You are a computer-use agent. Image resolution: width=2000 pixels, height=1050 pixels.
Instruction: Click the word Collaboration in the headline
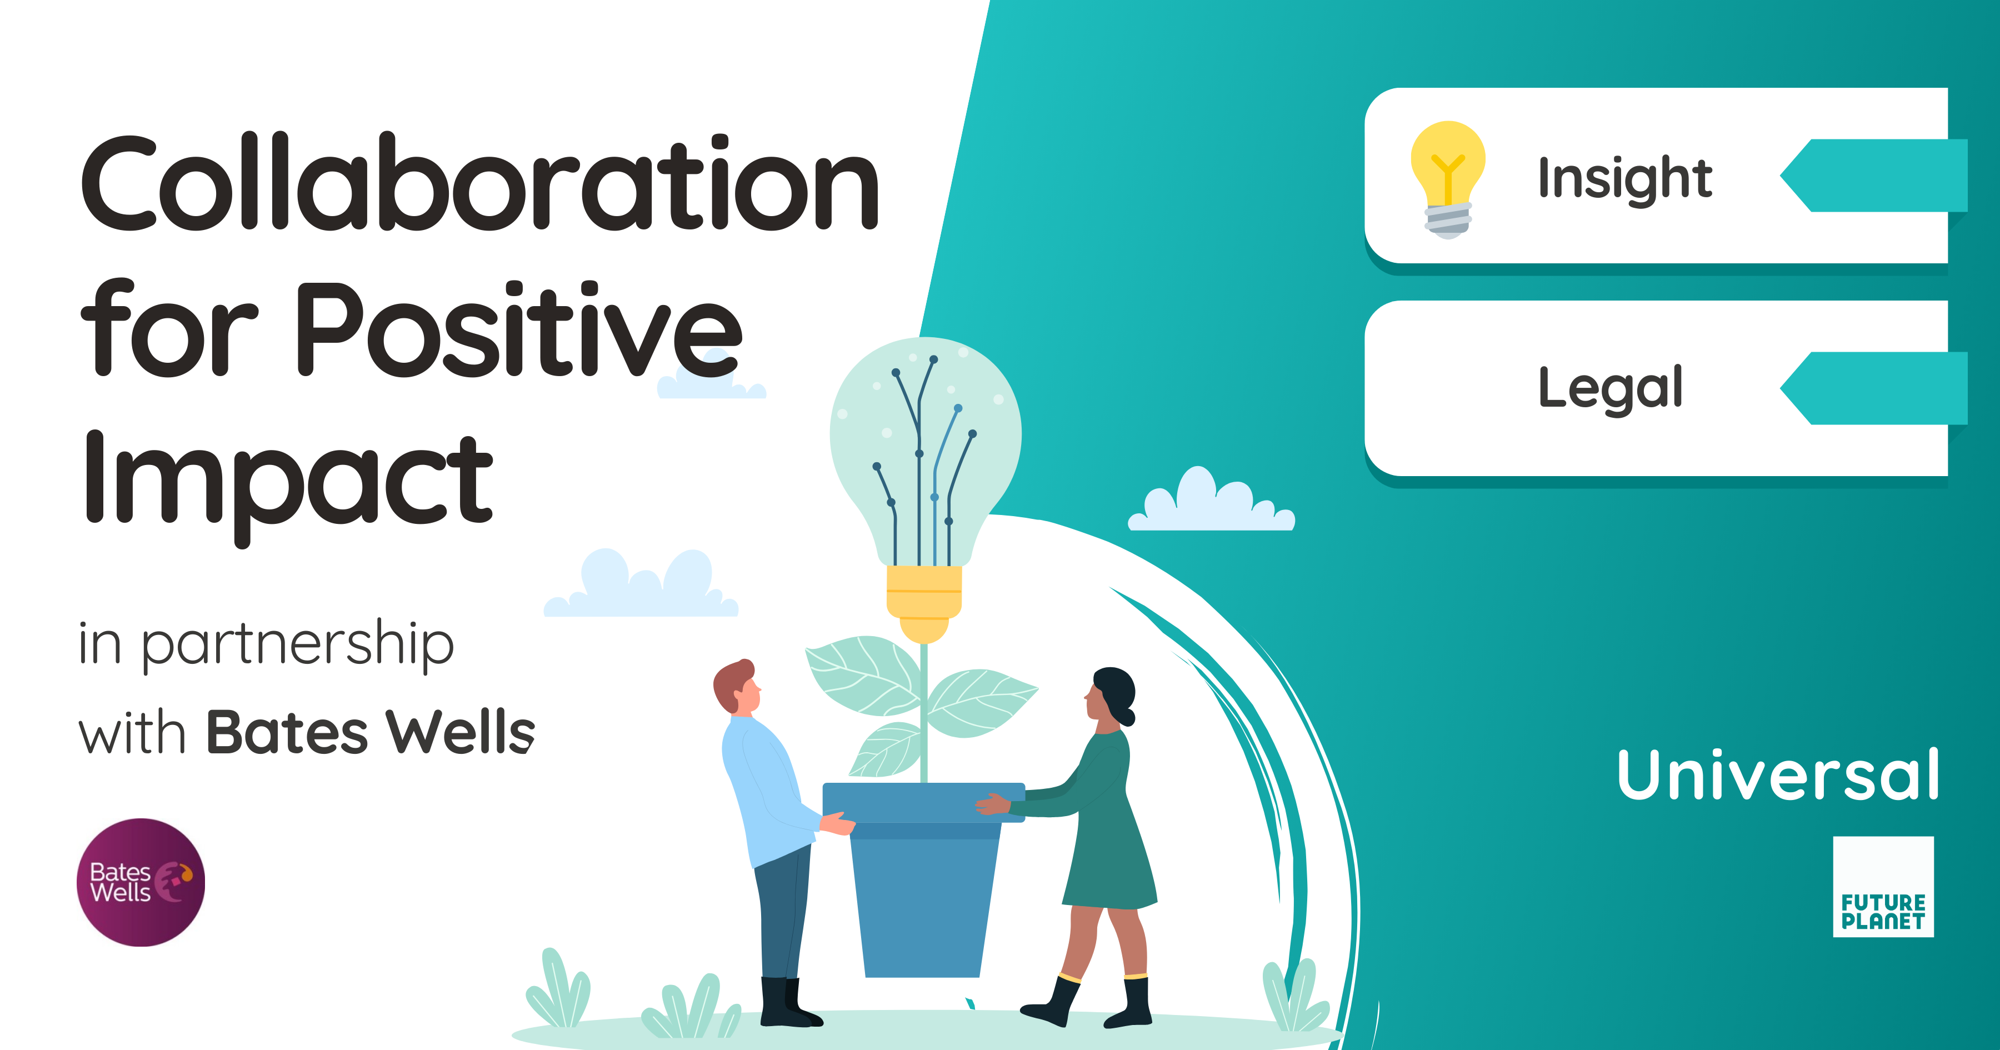point(480,184)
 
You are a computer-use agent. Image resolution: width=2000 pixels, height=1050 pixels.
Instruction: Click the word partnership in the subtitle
point(297,644)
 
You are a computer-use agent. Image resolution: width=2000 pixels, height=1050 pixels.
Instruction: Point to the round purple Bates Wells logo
point(141,882)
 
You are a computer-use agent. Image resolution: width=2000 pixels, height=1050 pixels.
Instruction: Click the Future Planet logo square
point(1883,887)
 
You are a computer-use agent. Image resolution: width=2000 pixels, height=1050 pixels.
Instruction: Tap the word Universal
point(1777,774)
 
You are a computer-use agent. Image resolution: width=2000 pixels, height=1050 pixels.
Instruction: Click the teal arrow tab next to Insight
point(1875,176)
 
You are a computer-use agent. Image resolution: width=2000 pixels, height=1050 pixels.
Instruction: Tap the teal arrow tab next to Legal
point(1875,388)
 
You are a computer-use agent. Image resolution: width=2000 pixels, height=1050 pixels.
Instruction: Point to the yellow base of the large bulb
point(924,602)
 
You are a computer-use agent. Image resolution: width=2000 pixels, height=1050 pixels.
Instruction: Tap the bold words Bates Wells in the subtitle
point(371,732)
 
